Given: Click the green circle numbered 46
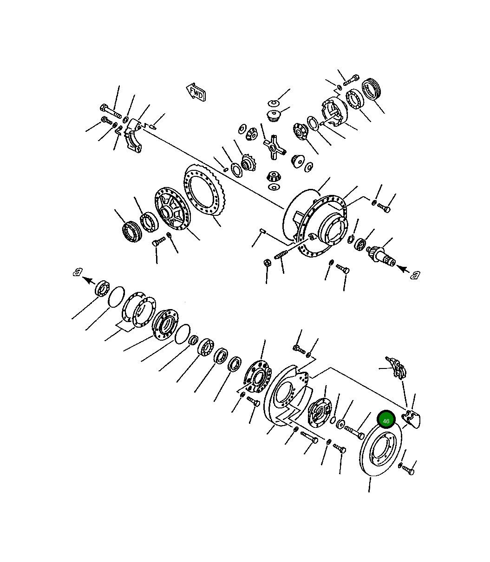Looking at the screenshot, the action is pyautogui.click(x=386, y=421).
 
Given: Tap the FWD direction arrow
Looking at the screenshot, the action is pyautogui.click(x=196, y=92).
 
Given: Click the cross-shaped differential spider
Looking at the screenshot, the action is pyautogui.click(x=274, y=147).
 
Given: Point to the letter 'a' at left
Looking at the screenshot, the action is pyautogui.click(x=78, y=271).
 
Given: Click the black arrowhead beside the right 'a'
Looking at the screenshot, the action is pyautogui.click(x=404, y=269).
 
